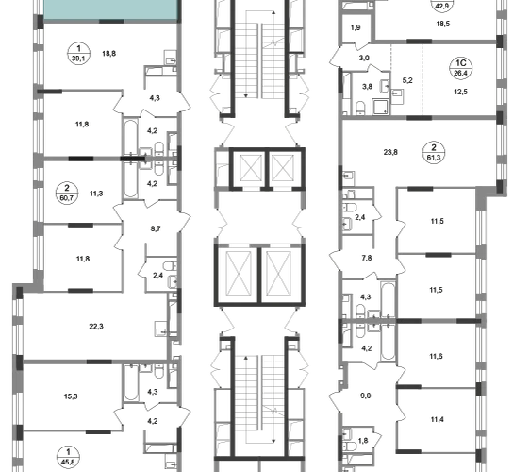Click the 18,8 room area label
click(x=109, y=54)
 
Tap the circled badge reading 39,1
click(x=78, y=54)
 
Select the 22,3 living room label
click(x=96, y=327)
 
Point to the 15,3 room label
click(x=71, y=396)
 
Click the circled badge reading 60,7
click(x=67, y=194)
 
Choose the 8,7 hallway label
click(x=156, y=228)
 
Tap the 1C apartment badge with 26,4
click(x=460, y=68)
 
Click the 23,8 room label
click(x=390, y=152)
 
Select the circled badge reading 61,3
click(x=434, y=153)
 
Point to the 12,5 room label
click(x=460, y=92)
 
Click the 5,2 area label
click(x=407, y=80)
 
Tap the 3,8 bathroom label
click(x=368, y=87)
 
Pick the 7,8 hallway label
click(x=367, y=258)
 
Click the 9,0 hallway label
click(x=366, y=396)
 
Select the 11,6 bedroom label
click(x=437, y=356)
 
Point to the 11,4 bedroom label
click(x=437, y=419)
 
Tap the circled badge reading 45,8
click(x=68, y=457)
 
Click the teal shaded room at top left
click(x=111, y=9)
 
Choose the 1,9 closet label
click(x=356, y=27)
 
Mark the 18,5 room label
click(x=443, y=24)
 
